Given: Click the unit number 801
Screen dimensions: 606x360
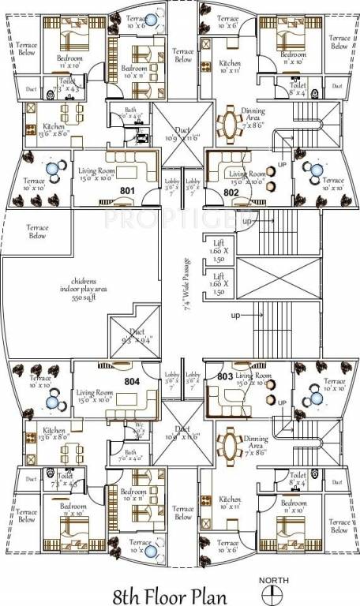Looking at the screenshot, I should [x=127, y=191].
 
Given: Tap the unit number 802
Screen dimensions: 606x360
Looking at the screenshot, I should [x=231, y=191].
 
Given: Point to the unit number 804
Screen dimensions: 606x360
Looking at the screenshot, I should [x=131, y=380].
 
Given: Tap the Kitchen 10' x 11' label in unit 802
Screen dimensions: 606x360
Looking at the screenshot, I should [x=230, y=68].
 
